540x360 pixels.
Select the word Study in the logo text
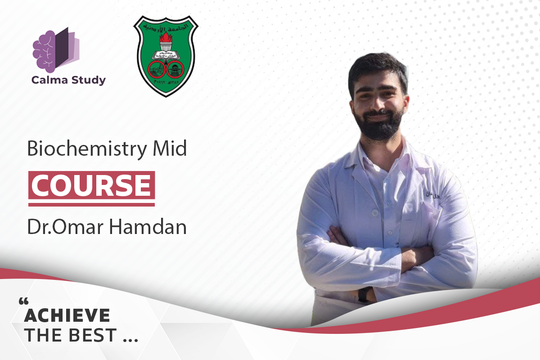(89, 81)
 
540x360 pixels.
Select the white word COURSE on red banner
(91, 185)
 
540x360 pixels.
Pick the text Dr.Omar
(64, 227)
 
